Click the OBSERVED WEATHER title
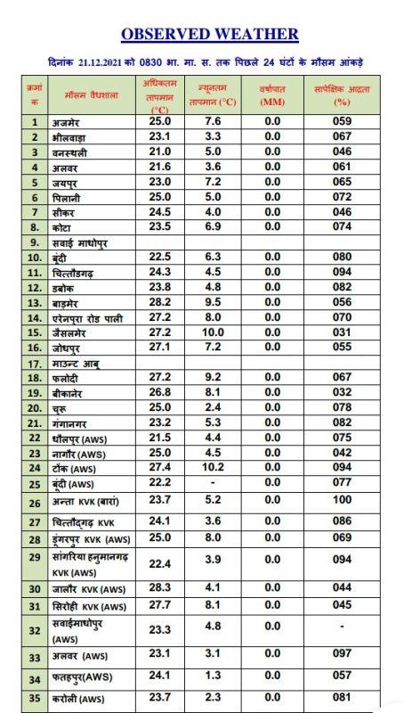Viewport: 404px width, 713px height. point(209,34)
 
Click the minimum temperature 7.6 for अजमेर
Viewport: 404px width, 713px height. point(212,121)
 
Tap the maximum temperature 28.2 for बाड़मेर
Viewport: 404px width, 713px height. point(159,302)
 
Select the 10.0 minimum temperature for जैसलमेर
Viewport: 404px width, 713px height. point(212,332)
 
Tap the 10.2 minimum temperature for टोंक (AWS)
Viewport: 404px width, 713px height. point(212,467)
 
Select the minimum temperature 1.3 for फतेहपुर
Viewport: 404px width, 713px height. point(212,676)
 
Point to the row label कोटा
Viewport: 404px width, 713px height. point(64,227)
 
